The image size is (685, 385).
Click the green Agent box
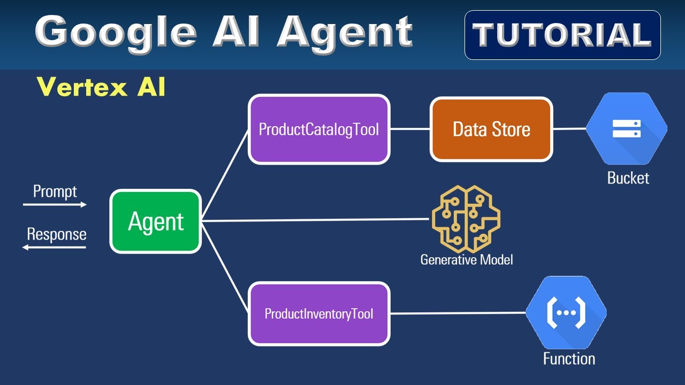[x=156, y=221]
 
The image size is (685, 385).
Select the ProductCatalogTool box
[x=319, y=129]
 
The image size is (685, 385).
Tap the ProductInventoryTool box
[x=319, y=313]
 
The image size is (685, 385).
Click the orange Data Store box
[x=491, y=129]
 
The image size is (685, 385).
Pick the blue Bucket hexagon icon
[x=626, y=129]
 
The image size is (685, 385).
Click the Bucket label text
[x=628, y=178]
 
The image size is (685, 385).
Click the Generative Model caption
[x=466, y=260]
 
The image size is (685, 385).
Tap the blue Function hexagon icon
[x=566, y=312]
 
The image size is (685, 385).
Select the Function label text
[x=569, y=358]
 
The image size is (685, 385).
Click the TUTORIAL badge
[x=562, y=35]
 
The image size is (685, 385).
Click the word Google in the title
[x=116, y=32]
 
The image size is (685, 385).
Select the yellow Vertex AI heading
[x=101, y=87]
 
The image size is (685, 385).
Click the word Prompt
[x=55, y=191]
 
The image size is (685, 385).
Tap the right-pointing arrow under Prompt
[x=55, y=204]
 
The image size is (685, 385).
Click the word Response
[x=56, y=234]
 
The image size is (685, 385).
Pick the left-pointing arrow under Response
[x=54, y=248]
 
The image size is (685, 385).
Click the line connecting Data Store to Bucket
[x=569, y=129]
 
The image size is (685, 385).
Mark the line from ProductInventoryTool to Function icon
[x=458, y=313]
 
